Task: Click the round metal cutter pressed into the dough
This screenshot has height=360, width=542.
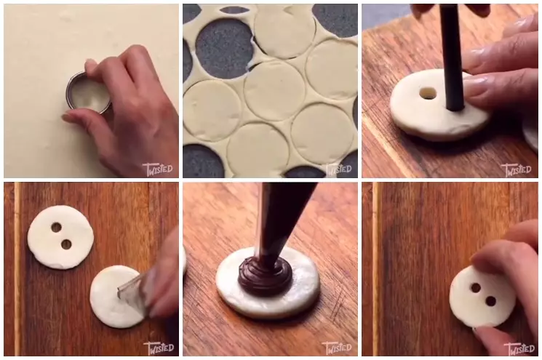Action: coord(87,93)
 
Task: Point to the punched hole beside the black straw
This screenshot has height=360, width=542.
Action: coord(428,93)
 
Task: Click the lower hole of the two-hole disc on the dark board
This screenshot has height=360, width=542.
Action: coord(66,244)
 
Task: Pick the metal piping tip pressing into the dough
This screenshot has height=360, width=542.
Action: coord(132,288)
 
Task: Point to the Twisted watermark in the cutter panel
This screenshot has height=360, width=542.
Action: coord(158,169)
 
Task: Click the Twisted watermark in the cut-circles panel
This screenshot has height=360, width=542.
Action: coord(338,169)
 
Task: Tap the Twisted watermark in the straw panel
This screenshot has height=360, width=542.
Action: coord(517,169)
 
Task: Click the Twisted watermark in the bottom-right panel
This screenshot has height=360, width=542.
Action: coord(518,348)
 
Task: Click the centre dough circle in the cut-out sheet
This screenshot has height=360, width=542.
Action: coord(274,89)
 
